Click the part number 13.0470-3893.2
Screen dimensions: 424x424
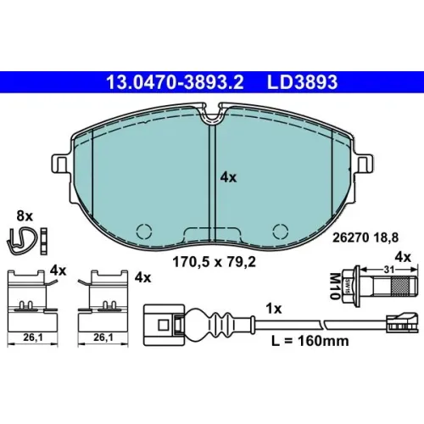pos(175,82)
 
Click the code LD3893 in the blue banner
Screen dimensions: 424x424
pos(302,82)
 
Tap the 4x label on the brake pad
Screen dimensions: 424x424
pos(228,177)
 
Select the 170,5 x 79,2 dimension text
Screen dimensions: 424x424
pos(214,262)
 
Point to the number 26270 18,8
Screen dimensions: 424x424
pos(365,237)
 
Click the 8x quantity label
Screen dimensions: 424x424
pos(25,216)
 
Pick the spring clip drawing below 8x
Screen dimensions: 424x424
pos(22,241)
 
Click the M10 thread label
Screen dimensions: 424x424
pos(334,286)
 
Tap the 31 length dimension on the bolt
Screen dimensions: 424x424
pos(389,270)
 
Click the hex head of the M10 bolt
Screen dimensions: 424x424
pos(349,286)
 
